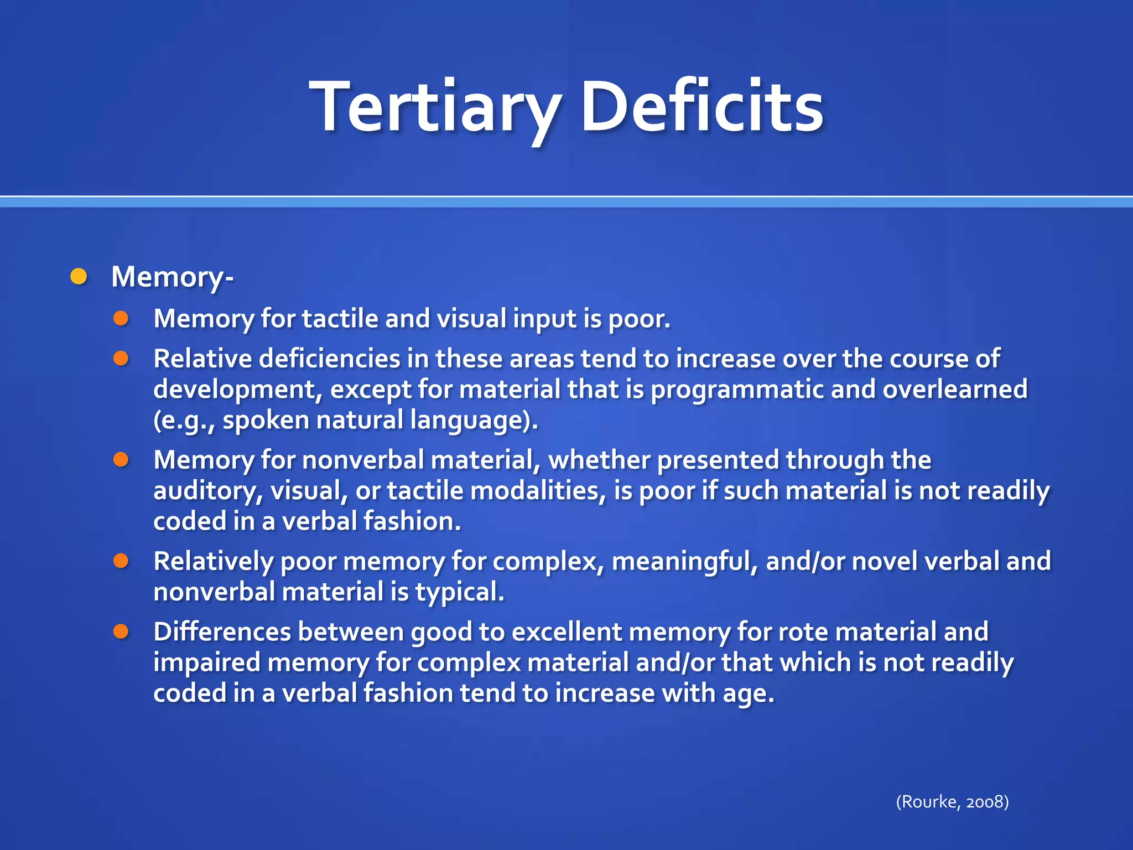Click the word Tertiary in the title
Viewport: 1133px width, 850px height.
437,106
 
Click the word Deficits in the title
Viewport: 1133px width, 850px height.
701,106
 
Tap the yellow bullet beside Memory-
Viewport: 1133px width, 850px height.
79,276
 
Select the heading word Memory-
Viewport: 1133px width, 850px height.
172,277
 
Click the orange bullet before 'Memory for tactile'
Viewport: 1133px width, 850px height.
121,318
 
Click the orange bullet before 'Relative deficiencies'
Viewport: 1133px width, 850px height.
121,359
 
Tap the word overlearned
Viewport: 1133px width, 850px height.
955,389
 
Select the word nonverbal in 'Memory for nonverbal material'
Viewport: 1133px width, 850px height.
362,460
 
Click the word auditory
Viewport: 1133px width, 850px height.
207,491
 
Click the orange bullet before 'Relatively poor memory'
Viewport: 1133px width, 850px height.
121,561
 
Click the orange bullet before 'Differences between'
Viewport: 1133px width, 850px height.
121,631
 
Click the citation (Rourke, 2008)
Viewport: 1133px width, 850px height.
952,801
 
